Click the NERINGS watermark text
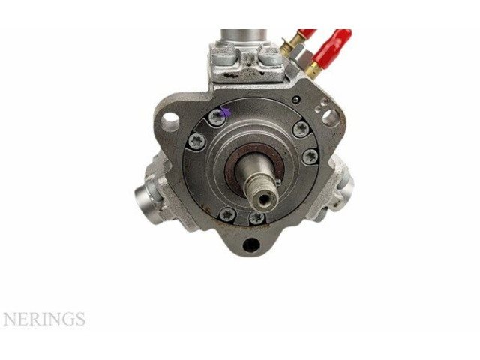[44, 319]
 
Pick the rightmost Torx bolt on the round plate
[310, 157]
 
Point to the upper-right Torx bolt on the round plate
[301, 129]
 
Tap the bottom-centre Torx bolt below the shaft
[256, 217]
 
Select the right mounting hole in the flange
[329, 116]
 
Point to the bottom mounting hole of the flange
[250, 244]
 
